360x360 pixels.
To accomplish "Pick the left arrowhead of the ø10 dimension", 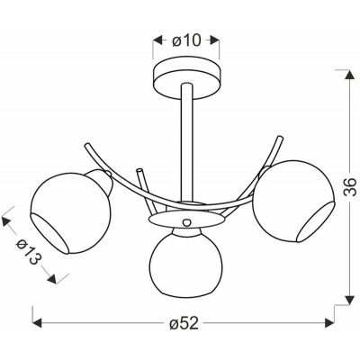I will point(150,40).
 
